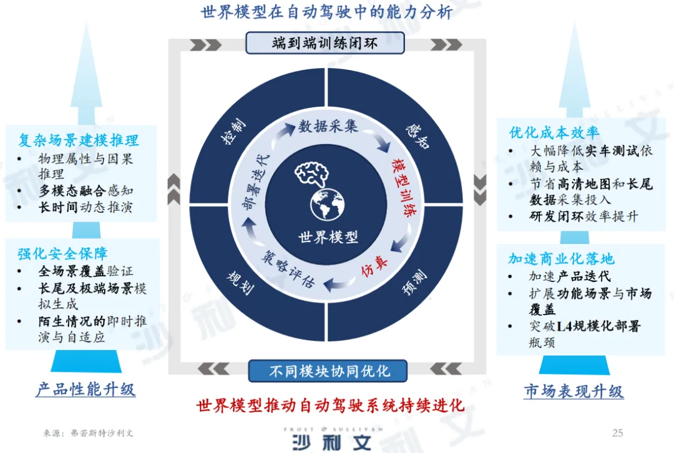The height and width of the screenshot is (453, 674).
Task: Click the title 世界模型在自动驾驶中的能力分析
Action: [x=326, y=12]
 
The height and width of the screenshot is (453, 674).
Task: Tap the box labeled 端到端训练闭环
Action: [x=325, y=43]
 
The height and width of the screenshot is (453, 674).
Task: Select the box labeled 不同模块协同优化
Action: [x=328, y=371]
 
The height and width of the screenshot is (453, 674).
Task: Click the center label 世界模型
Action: [x=328, y=238]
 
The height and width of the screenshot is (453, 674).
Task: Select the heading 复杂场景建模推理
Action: [x=79, y=140]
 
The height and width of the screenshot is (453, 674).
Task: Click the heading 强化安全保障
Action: [x=62, y=253]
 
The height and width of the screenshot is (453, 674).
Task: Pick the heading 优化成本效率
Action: [x=554, y=132]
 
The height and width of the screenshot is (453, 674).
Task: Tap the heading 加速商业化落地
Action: [x=561, y=258]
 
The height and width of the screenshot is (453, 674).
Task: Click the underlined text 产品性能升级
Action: [x=85, y=390]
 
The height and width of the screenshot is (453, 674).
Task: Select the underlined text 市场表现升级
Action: [x=573, y=391]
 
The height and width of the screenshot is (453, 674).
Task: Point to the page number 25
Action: [x=617, y=432]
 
